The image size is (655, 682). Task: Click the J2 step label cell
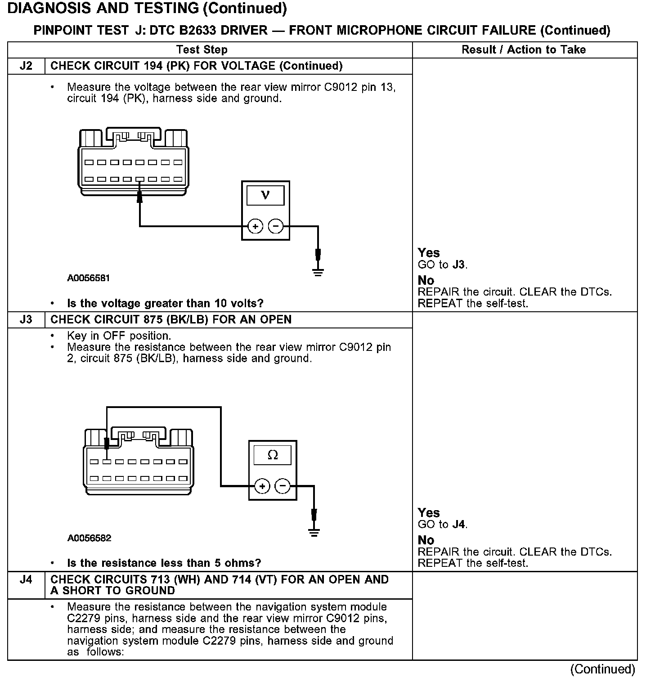point(26,66)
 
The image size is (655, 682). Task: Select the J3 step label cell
point(26,320)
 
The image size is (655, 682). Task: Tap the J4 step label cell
point(26,579)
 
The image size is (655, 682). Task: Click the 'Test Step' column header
point(202,49)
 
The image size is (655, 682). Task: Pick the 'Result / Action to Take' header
point(524,49)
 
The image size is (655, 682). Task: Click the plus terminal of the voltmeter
point(256,226)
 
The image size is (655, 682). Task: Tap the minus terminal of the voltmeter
point(276,226)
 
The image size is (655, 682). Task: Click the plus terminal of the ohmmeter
point(263,486)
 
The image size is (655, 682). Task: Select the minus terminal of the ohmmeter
point(283,486)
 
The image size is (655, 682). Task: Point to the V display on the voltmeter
point(265,196)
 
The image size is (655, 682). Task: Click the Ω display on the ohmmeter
point(273,455)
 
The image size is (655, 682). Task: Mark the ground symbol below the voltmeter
point(318,271)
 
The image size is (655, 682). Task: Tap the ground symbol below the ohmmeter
point(314,532)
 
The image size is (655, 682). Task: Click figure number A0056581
point(89,278)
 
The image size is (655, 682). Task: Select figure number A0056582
point(89,538)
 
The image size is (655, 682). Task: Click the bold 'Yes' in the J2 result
point(428,253)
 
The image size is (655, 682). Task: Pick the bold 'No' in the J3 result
point(426,540)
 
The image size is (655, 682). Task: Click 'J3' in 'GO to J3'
point(458,265)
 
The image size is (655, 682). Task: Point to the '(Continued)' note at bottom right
point(602,669)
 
